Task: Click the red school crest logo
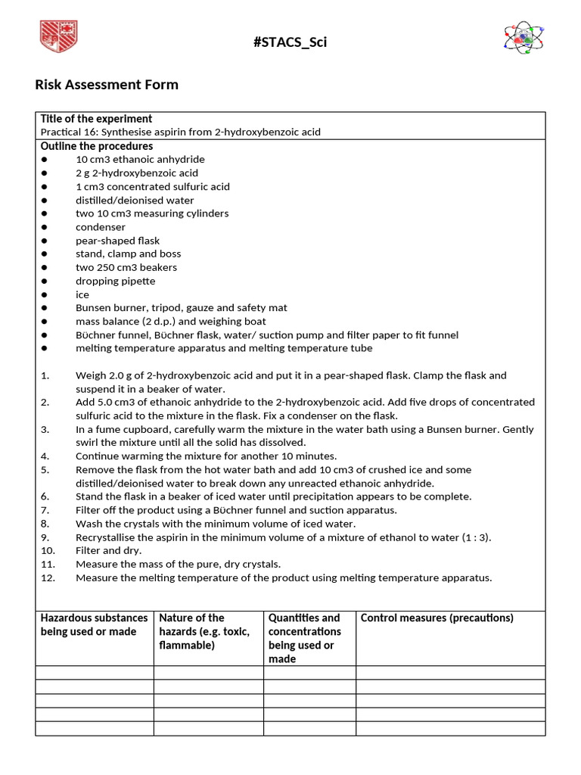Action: click(58, 37)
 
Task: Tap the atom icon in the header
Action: click(524, 38)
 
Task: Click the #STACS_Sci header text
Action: click(290, 42)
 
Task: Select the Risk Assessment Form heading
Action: click(107, 85)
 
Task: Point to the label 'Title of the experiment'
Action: click(96, 119)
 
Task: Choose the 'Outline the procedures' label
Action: click(97, 146)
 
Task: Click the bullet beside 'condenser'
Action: click(45, 227)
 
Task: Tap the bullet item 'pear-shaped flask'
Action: click(117, 241)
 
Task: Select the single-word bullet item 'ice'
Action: click(82, 294)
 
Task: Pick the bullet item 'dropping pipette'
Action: click(115, 281)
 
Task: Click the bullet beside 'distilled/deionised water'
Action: click(45, 201)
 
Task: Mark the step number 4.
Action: click(45, 456)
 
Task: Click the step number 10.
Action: click(48, 551)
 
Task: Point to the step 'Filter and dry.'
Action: click(108, 551)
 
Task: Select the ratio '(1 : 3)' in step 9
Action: click(475, 537)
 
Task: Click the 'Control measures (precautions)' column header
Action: click(437, 618)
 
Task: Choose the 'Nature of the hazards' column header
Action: click(204, 632)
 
